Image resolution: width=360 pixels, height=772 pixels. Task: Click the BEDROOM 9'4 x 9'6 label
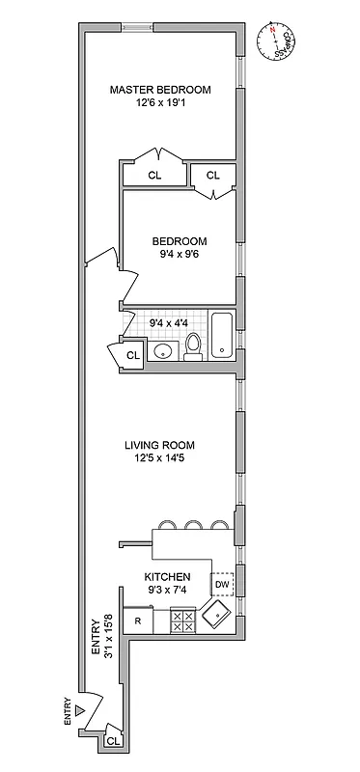[179, 248]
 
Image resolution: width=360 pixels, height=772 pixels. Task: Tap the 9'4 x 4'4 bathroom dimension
[170, 322]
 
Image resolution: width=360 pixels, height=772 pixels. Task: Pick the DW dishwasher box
[221, 584]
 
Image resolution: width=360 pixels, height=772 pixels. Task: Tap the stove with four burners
[182, 620]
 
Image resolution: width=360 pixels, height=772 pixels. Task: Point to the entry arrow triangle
[81, 712]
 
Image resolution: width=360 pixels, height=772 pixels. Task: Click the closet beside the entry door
[113, 741]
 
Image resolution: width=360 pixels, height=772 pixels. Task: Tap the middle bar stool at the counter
[193, 526]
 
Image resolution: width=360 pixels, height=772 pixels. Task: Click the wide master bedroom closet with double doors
[154, 175]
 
